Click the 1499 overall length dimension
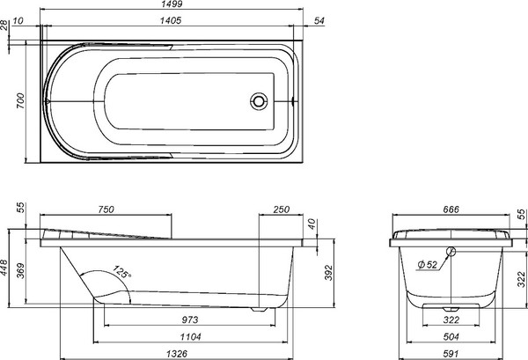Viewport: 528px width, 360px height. [x=172, y=4]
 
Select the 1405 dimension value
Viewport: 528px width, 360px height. [x=171, y=20]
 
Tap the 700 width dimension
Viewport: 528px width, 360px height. [x=21, y=100]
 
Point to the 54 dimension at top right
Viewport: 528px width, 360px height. [x=319, y=20]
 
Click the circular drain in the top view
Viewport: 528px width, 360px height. [x=259, y=101]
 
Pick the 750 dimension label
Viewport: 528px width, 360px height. [x=106, y=209]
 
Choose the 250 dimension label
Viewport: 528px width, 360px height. [x=281, y=209]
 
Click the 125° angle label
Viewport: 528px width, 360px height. [x=121, y=272]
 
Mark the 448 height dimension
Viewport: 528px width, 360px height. [x=4, y=268]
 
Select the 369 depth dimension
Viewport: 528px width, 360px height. [x=21, y=271]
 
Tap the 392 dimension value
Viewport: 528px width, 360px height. [x=328, y=273]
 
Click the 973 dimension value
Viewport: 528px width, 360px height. [x=190, y=320]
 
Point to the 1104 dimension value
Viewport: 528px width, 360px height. [x=190, y=337]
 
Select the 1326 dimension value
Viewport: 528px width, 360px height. [x=177, y=354]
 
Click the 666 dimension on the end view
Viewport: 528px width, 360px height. [x=451, y=209]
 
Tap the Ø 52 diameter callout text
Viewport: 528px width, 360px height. [x=427, y=265]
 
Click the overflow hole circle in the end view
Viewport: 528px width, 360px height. [x=451, y=251]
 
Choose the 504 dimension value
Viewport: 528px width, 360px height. [x=451, y=337]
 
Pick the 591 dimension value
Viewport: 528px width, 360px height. [x=451, y=354]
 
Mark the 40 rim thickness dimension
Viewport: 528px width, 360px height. [x=312, y=224]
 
